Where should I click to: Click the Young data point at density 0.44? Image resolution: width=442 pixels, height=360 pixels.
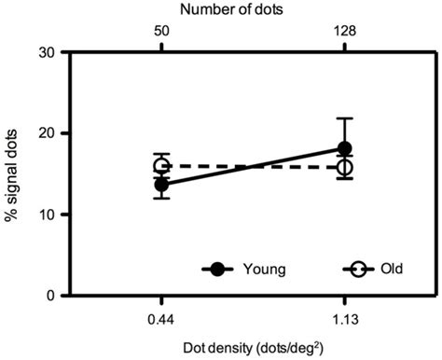(161, 185)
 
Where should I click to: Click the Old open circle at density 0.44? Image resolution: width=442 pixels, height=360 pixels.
(161, 166)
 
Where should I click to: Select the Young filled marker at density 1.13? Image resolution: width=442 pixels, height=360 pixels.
(345, 148)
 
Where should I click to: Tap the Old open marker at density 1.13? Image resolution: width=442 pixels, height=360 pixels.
(345, 168)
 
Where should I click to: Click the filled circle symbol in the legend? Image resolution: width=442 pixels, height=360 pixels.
(218, 270)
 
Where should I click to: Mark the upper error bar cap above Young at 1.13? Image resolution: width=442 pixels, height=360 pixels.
(345, 118)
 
